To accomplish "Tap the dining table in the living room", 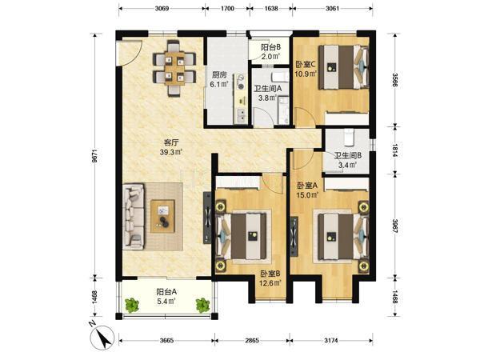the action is (x=174, y=68).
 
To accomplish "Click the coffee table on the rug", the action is (x=162, y=216).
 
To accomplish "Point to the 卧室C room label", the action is (x=306, y=65).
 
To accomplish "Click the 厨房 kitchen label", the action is (x=219, y=74).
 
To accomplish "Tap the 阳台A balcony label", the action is (x=166, y=292).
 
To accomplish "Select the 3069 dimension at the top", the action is (x=162, y=8).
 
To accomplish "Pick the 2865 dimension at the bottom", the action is (x=252, y=340).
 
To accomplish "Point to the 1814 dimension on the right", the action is (x=395, y=150).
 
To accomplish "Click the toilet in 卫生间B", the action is (x=349, y=137).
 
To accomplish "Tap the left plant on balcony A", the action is (x=132, y=305).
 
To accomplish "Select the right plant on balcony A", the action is (x=202, y=306).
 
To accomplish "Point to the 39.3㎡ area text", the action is (x=171, y=152).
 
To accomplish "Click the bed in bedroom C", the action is (x=343, y=67).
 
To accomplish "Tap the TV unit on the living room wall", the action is (x=207, y=218).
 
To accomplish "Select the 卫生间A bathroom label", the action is (x=268, y=89).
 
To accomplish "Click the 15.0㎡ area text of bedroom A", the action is (x=307, y=194).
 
